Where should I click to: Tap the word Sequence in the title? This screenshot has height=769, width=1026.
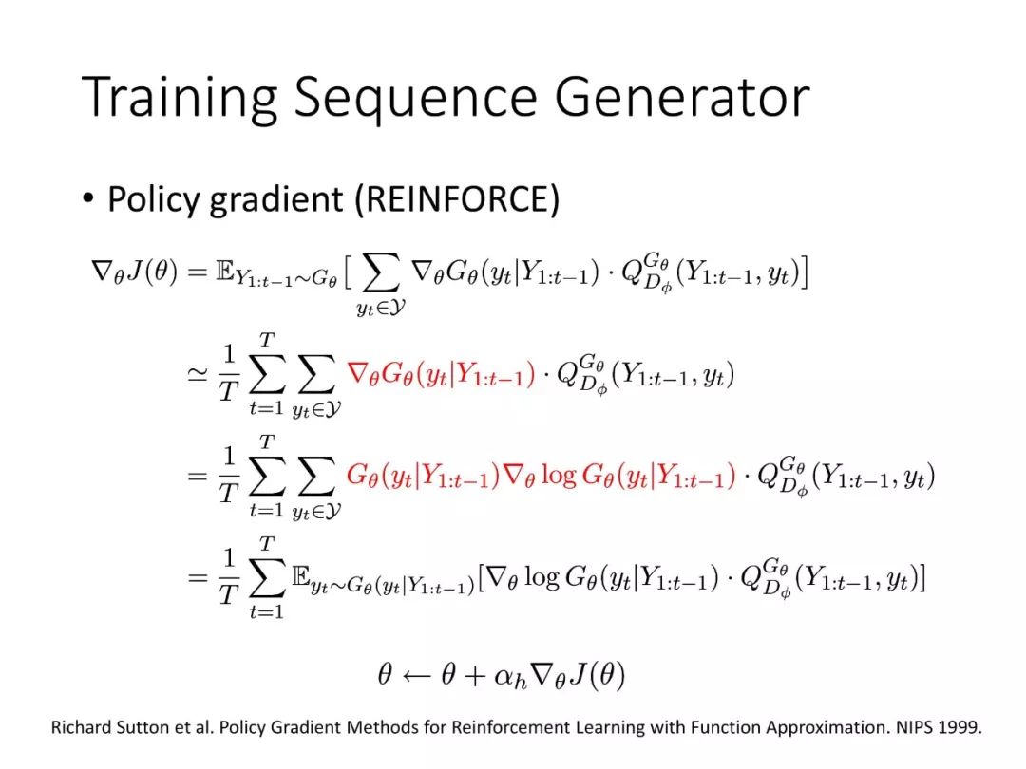coord(415,98)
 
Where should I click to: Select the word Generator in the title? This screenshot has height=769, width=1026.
coord(682,97)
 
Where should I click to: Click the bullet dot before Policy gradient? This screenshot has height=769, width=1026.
coord(88,197)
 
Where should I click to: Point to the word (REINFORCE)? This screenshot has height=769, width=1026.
coord(457,199)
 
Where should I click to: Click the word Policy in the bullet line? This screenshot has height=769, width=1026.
coord(153,200)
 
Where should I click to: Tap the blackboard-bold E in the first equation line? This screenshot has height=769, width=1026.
coord(224,270)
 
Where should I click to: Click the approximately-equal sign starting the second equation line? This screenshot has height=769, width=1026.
coord(197,374)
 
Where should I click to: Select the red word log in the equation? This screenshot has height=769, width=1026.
coord(559,476)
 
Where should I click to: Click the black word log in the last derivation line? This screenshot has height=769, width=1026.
coord(541,577)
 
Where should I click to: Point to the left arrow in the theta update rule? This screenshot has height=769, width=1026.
coord(416,676)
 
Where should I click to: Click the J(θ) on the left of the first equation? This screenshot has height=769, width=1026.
coord(152,270)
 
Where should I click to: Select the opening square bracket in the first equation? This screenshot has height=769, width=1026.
coord(348,272)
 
